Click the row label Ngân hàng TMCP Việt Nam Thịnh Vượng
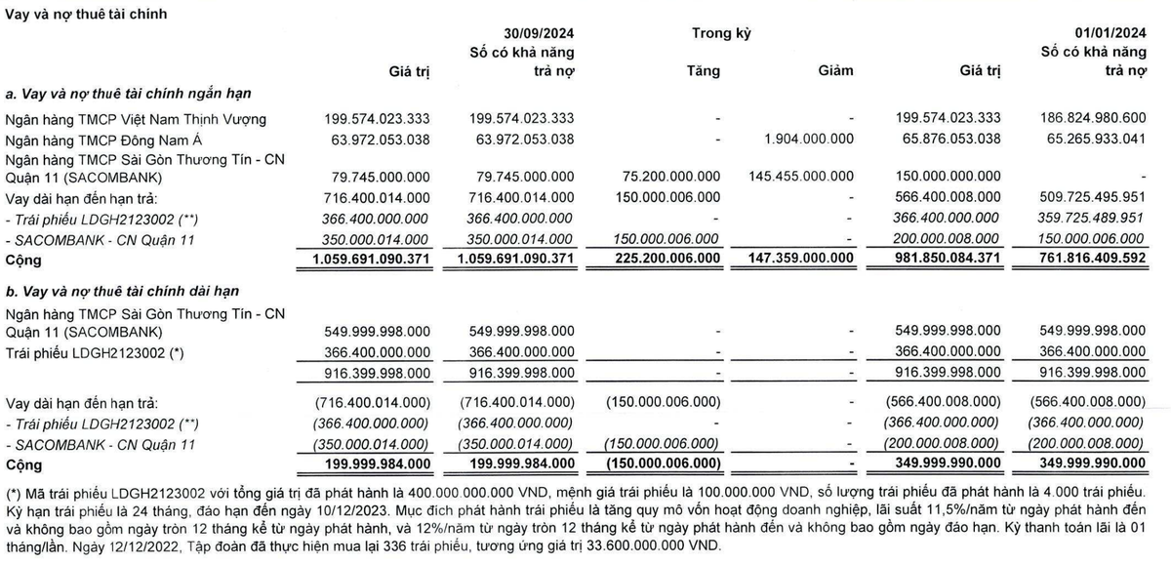(135, 119)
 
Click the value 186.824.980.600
(1091, 119)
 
